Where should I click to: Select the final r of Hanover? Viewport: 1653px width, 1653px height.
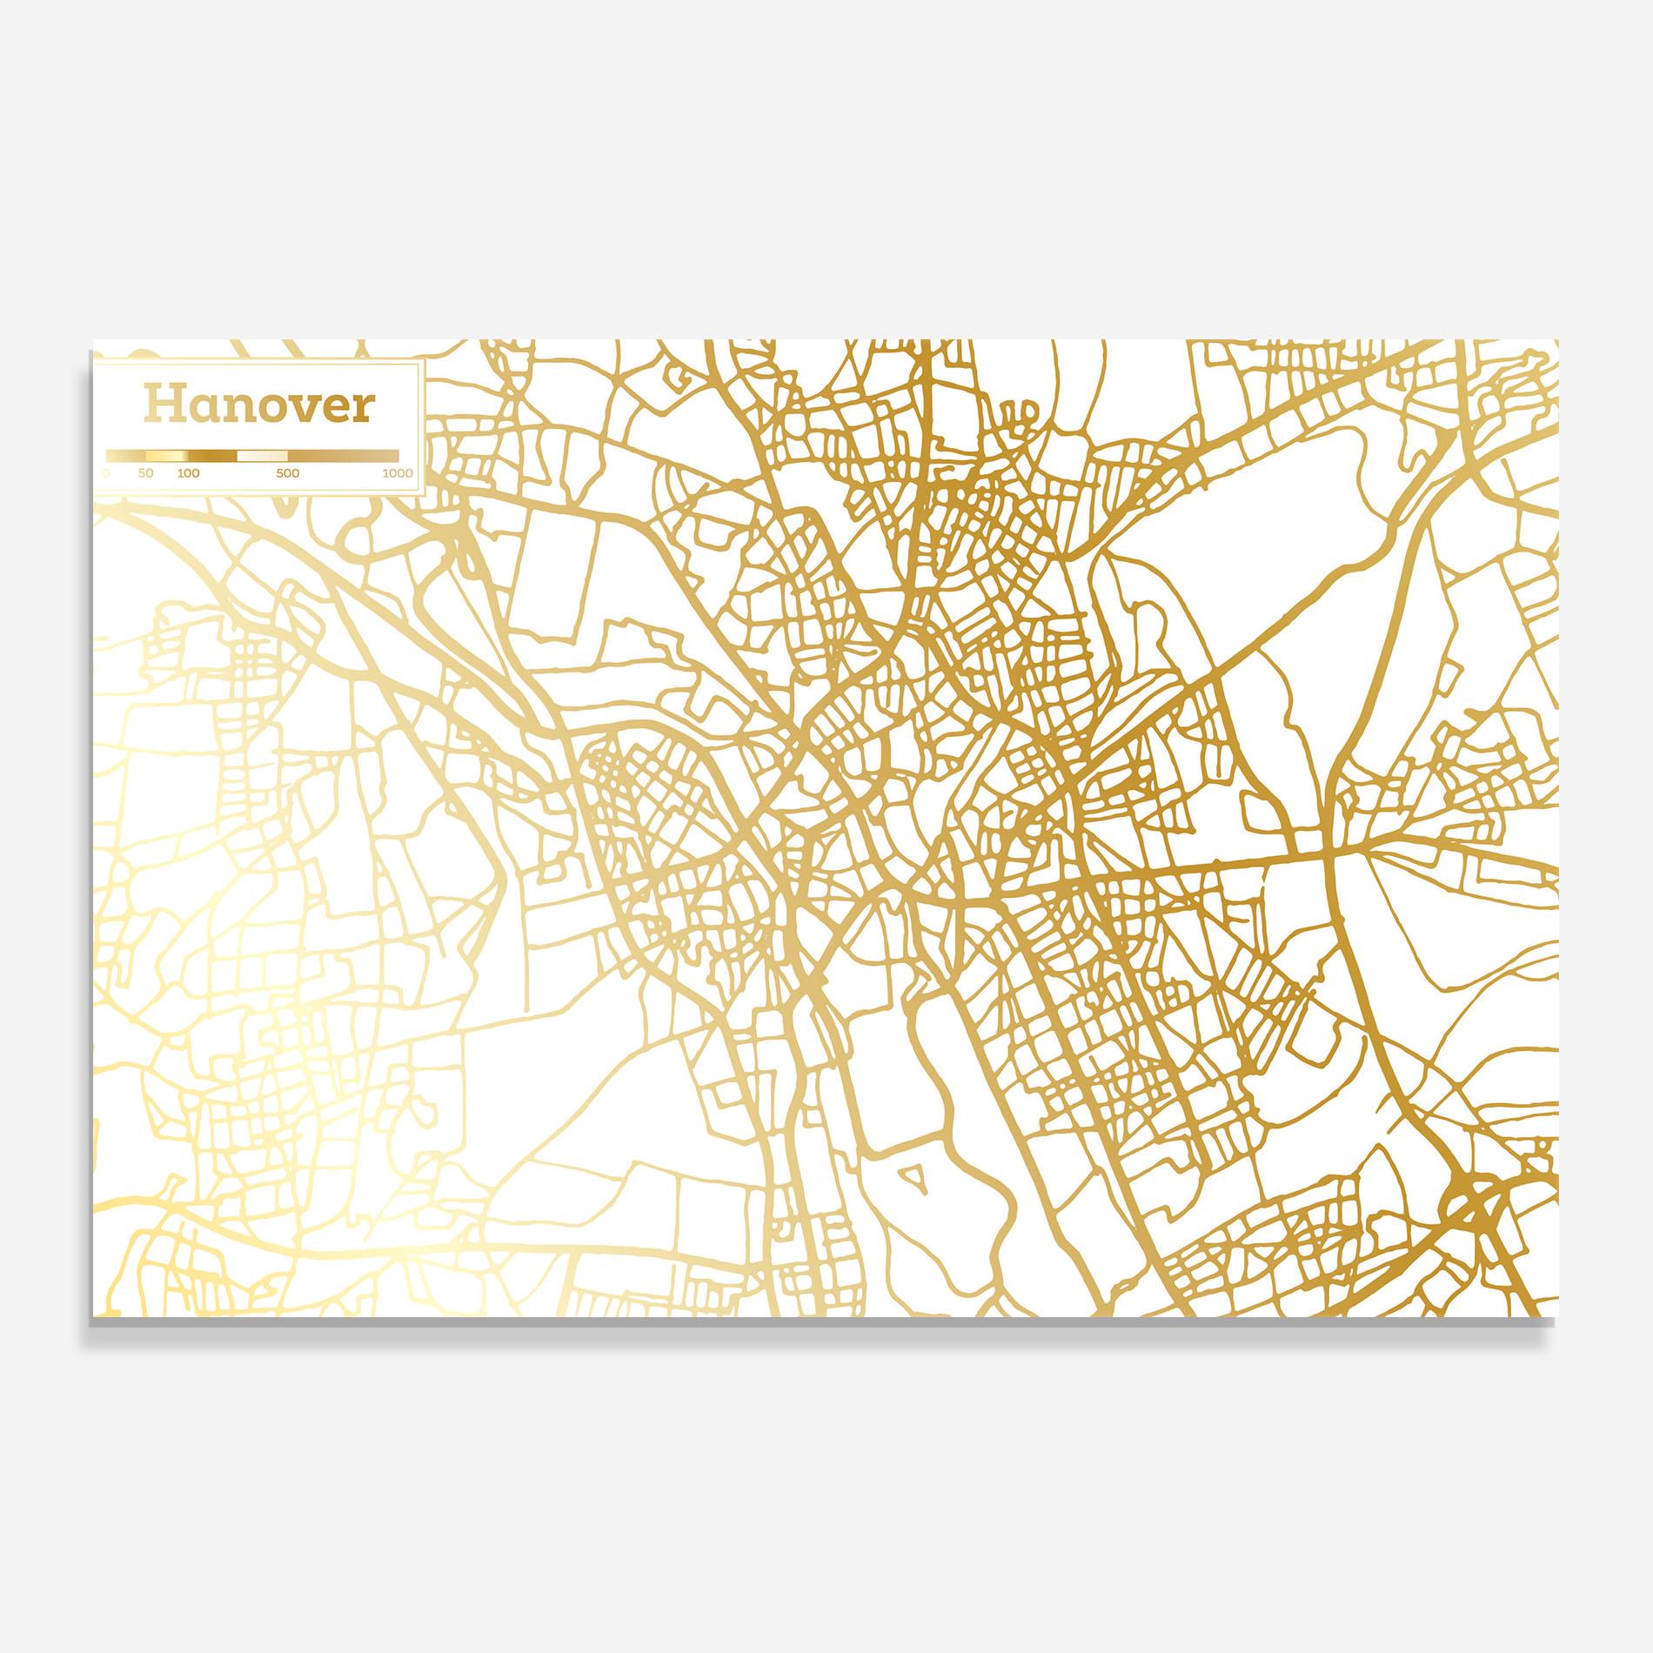361,407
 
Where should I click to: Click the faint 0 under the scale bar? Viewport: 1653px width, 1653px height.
106,473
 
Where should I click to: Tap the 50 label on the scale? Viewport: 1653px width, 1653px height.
145,473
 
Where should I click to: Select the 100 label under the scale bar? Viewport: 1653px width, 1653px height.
188,473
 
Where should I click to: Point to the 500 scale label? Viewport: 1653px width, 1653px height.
288,473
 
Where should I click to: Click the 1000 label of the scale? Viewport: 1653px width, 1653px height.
398,473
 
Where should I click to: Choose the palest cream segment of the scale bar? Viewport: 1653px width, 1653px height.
262,456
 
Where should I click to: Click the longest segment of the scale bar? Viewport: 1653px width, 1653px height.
344,456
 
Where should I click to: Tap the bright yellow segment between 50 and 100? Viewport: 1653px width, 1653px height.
166,456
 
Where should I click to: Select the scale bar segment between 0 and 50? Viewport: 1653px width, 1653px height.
125,456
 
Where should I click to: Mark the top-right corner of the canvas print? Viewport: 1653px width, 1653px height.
1557,341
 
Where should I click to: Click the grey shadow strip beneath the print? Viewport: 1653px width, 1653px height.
826,1326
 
